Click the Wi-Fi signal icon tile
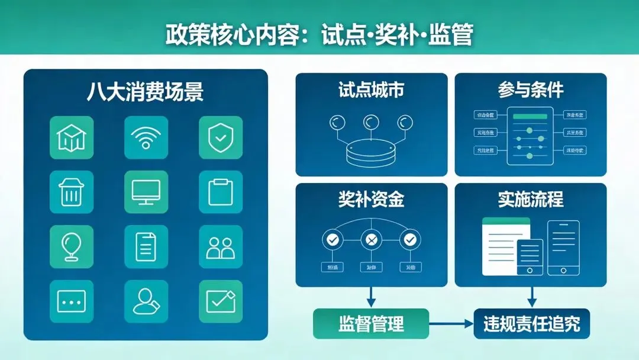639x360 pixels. tap(146, 137)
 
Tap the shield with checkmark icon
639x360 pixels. tap(220, 137)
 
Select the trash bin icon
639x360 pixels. tap(72, 192)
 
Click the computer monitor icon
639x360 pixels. tap(146, 192)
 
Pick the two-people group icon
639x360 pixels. tap(220, 246)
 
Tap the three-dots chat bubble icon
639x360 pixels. tap(72, 301)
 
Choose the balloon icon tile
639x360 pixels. tap(72, 246)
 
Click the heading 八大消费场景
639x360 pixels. tap(146, 92)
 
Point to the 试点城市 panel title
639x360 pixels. tap(371, 90)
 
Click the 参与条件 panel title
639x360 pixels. tap(530, 90)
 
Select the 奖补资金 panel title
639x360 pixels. tap(371, 200)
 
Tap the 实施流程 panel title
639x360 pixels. tap(530, 200)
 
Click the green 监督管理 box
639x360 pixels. tap(371, 324)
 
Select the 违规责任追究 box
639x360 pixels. tap(531, 324)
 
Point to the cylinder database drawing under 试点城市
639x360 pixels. tap(371, 152)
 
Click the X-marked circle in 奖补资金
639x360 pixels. tap(371, 240)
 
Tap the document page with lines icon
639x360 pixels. tap(146, 246)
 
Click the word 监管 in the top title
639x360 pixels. tap(453, 35)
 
